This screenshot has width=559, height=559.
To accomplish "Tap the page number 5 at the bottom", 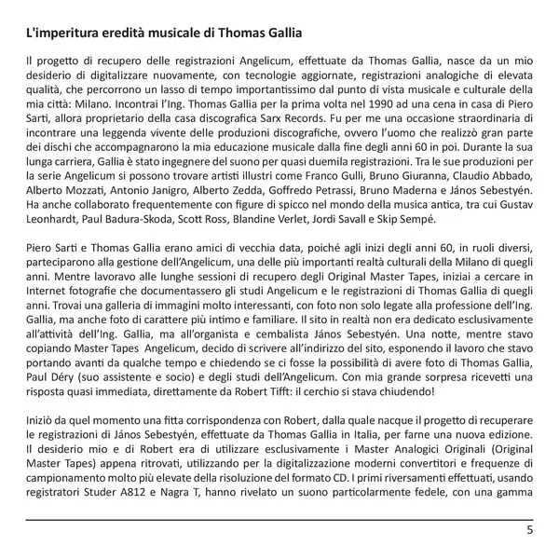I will coord(529,532).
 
